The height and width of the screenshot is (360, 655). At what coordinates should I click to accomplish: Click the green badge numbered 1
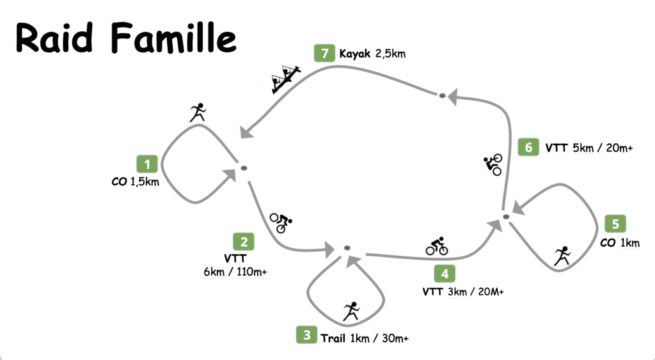pos(147,164)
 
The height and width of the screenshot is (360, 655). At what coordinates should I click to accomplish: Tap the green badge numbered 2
pos(244,242)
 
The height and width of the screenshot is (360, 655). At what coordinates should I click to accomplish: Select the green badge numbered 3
pos(307,334)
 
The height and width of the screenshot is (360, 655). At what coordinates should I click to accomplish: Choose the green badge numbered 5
pos(615,224)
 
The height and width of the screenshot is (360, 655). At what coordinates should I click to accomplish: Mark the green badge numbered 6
pos(528,148)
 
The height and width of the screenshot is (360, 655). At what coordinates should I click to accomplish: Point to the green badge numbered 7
pos(325,53)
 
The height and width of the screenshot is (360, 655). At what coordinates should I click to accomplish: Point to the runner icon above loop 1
pos(198,113)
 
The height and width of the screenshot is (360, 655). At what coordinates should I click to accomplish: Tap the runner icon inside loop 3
pos(351,311)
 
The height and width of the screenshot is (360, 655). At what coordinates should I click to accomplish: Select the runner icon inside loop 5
pos(562,255)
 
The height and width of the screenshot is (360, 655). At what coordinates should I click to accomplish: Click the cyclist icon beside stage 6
pos(493,164)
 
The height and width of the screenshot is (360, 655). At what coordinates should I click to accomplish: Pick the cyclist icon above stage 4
pos(437,246)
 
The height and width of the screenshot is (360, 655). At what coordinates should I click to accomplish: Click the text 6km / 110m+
pos(235,272)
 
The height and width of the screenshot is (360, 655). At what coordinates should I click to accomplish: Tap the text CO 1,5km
pos(135,182)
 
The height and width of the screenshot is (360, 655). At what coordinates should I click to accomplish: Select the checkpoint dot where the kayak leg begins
pos(441,96)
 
